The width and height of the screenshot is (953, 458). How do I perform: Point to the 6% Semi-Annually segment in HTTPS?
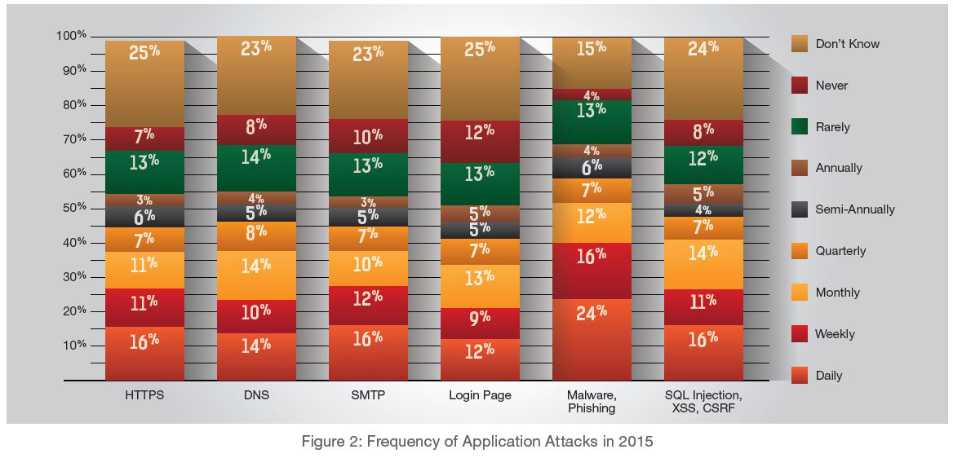click(x=144, y=216)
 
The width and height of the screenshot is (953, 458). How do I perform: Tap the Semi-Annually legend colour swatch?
click(x=799, y=209)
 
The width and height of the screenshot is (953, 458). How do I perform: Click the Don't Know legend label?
click(x=847, y=44)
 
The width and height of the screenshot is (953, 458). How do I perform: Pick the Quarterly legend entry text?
click(x=840, y=251)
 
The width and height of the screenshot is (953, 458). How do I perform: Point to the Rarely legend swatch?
click(x=799, y=126)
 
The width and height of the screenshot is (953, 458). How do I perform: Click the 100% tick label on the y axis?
click(x=71, y=36)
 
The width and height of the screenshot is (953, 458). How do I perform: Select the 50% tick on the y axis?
click(x=74, y=208)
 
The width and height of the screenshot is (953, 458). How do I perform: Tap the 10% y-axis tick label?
click(x=74, y=345)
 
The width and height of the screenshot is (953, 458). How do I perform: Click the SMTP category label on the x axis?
click(x=368, y=395)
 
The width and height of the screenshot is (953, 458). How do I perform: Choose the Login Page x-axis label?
click(x=480, y=395)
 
